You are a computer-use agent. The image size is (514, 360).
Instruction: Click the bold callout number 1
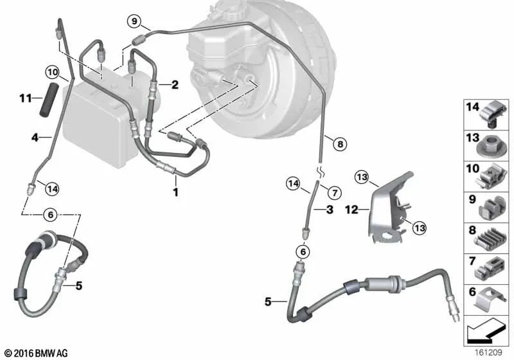tap(175, 192)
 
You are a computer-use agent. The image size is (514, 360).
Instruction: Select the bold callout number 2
tap(173, 84)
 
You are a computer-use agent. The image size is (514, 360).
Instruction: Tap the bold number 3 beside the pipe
tap(329, 210)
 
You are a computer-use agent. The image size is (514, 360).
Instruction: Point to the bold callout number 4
tap(37, 136)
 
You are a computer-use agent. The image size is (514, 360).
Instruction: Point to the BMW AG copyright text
tap(36, 353)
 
